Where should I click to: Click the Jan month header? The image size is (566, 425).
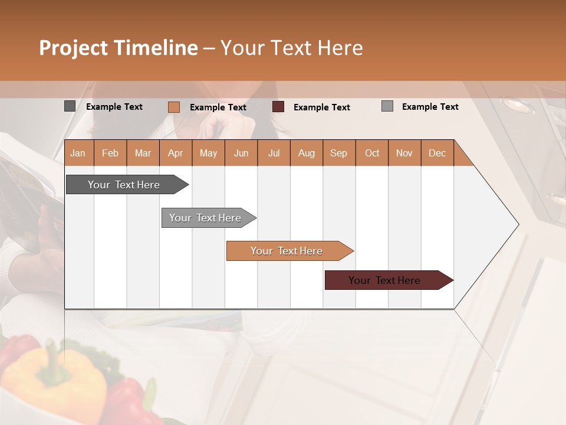tap(78, 153)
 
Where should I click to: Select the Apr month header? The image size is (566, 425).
tap(176, 153)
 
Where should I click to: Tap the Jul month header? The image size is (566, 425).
tap(274, 153)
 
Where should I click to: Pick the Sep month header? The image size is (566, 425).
tap(338, 153)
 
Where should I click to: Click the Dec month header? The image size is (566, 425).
tap(437, 153)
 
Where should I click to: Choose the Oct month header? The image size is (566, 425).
tap(371, 153)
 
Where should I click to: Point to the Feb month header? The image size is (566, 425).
tap(110, 153)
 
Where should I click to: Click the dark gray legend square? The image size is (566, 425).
tap(70, 106)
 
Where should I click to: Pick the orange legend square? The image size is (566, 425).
tap(173, 107)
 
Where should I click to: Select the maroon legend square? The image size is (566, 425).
tap(278, 107)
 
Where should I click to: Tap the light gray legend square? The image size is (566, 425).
tap(387, 106)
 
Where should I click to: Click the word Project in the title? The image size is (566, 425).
tap(74, 48)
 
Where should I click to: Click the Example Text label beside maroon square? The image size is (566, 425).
tap(321, 107)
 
